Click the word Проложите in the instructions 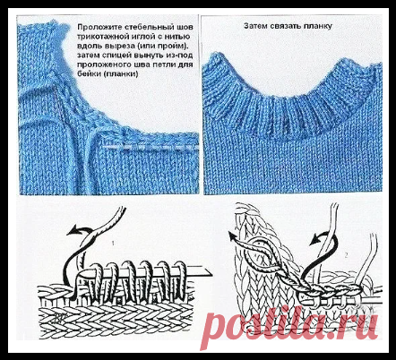pos(96,27)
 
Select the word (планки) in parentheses pos(120,74)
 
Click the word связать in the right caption pos(287,26)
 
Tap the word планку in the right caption pos(318,26)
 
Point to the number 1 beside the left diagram pos(113,244)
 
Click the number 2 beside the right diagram pos(346,255)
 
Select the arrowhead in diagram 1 pos(73,231)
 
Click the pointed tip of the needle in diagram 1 pos(211,274)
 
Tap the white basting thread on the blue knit pos(150,147)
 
